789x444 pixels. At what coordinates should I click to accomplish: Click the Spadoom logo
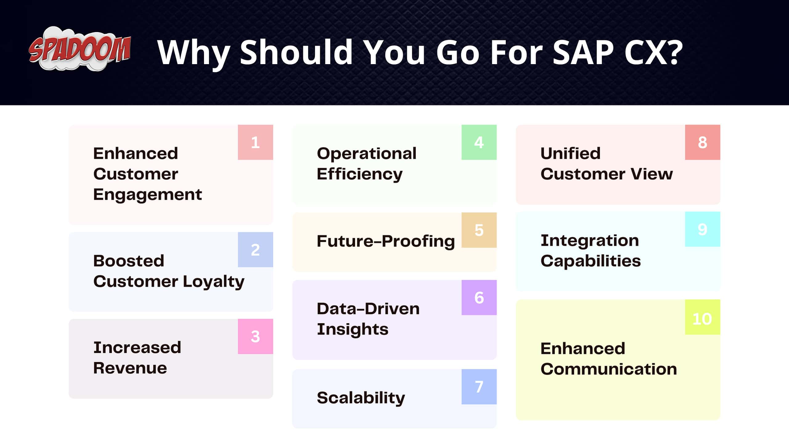pos(80,49)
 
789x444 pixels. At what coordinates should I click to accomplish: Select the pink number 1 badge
pos(255,142)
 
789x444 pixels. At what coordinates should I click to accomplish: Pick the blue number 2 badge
pos(255,249)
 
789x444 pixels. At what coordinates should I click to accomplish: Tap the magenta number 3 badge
pos(255,336)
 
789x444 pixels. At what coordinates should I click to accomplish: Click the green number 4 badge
pos(479,142)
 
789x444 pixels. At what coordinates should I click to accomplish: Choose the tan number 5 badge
pos(479,230)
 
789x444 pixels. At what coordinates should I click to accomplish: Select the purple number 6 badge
pos(479,298)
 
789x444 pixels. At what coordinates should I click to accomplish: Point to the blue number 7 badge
pos(479,387)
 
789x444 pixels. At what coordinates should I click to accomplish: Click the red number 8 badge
pos(702,142)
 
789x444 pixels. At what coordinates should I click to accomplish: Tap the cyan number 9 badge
pos(702,229)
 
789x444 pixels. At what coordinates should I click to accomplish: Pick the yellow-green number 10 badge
pos(702,319)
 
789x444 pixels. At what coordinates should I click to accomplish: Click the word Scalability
pos(361,398)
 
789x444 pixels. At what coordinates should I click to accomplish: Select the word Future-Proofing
pos(386,241)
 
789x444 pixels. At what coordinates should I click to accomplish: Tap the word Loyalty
pos(214,282)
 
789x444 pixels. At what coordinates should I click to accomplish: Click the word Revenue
pos(130,368)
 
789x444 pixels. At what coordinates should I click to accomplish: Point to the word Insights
pos(353,329)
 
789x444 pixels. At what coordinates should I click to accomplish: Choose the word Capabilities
pos(591,261)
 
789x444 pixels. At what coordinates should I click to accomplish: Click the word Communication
pos(609,369)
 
